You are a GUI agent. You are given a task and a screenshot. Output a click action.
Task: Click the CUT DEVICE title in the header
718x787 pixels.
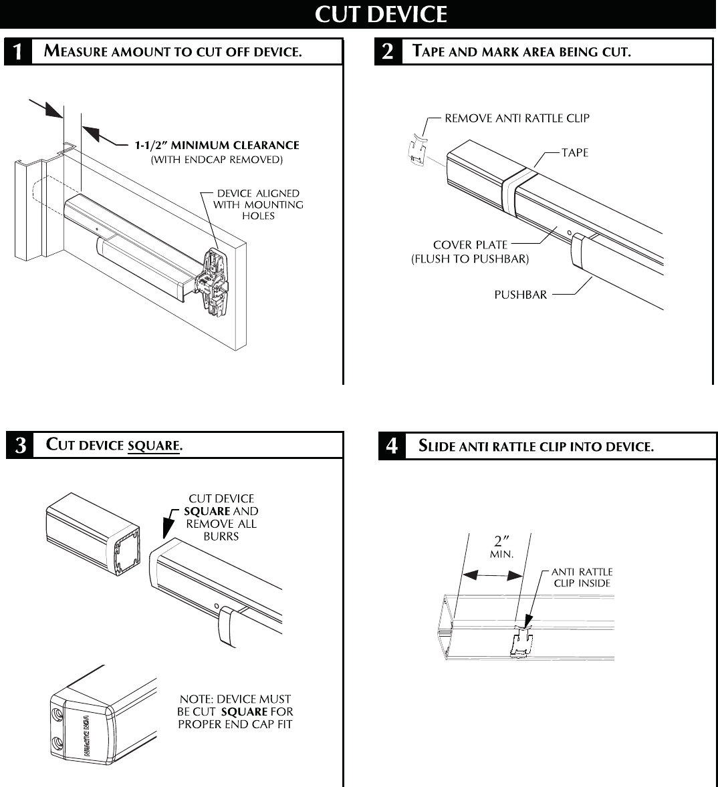pos(380,14)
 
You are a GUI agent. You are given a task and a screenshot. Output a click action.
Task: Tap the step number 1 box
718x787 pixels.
pos(18,52)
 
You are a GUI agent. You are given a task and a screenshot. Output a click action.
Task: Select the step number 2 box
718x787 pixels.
pos(388,52)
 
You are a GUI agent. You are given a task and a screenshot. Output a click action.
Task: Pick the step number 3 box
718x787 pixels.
pos(20,446)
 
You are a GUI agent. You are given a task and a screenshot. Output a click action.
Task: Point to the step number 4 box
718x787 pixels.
pos(392,446)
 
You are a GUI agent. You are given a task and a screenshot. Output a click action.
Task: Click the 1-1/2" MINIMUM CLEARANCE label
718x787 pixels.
pos(217,145)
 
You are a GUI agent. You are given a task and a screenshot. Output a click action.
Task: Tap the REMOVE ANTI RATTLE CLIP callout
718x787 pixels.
pos(517,118)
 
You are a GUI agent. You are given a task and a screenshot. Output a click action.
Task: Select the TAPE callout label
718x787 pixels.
pos(574,153)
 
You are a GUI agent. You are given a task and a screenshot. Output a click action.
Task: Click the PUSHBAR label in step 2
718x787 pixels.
pos(520,295)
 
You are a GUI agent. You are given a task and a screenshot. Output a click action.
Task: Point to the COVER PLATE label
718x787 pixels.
pos(470,245)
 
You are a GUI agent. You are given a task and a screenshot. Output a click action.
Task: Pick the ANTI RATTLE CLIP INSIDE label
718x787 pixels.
pos(582,577)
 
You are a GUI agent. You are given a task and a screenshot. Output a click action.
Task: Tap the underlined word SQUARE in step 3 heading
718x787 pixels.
pos(154,446)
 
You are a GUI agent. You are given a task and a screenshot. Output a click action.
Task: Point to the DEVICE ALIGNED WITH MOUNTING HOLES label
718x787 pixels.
pos(258,204)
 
